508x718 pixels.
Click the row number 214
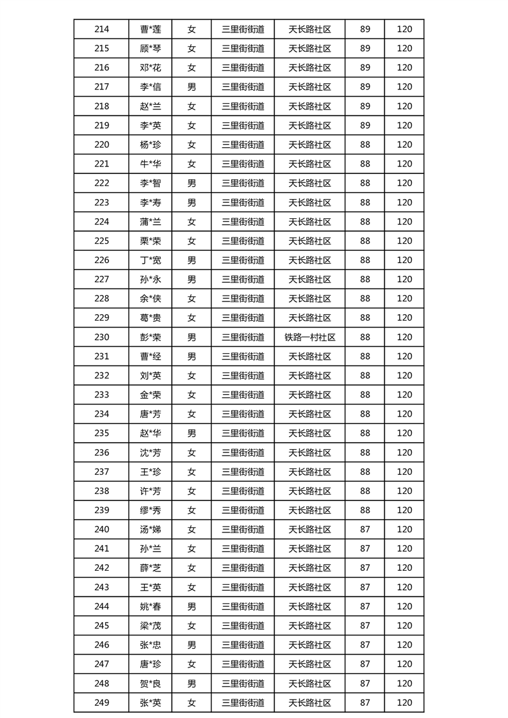101,29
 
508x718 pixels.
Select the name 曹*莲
151,29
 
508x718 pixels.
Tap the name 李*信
151,87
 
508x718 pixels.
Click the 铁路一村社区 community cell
309,337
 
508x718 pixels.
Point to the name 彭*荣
151,337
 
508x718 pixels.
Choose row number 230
101,337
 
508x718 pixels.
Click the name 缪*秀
151,510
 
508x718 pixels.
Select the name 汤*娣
151,529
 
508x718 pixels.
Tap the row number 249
101,703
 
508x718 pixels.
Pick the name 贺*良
151,683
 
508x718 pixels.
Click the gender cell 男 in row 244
192,606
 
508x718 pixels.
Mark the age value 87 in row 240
365,529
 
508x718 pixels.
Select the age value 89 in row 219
365,125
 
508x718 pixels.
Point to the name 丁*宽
151,260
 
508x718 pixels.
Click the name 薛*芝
151,568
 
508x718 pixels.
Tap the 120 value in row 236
404,452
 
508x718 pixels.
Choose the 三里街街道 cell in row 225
243,241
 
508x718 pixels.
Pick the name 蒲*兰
151,221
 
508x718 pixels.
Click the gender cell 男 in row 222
192,183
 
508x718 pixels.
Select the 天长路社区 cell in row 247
309,664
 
